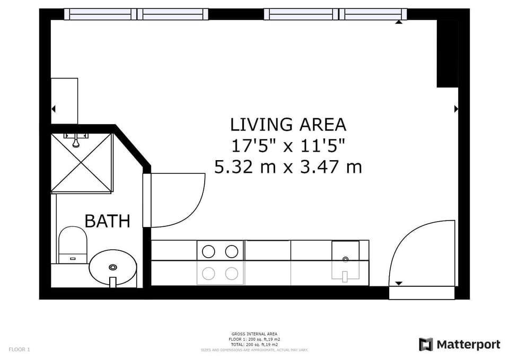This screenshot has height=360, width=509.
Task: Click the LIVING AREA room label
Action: (x=288, y=124)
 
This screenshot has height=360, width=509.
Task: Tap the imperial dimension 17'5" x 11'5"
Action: (x=288, y=145)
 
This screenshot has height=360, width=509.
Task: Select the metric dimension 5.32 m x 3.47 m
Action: (x=288, y=167)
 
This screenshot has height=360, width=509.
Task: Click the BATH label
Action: (x=107, y=221)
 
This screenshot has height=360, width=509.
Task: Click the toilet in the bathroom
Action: (x=72, y=244)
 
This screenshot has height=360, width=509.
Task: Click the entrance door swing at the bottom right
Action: (x=419, y=249)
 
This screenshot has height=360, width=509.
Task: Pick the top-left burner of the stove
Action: (x=209, y=251)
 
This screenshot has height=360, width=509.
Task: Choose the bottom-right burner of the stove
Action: (x=232, y=274)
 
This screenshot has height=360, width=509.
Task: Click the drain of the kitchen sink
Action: (x=345, y=259)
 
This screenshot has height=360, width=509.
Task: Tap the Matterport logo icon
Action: (x=426, y=345)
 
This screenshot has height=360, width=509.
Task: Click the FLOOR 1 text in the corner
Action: (x=19, y=349)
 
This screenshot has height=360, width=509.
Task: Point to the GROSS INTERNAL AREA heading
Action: (x=254, y=334)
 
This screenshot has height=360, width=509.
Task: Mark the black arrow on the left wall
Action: (x=53, y=109)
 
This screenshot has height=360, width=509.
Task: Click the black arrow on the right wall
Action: (x=456, y=109)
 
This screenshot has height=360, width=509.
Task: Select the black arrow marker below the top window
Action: (x=399, y=22)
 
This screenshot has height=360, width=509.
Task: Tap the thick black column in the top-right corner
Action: (x=447, y=53)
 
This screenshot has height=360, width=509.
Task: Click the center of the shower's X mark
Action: (x=82, y=162)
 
